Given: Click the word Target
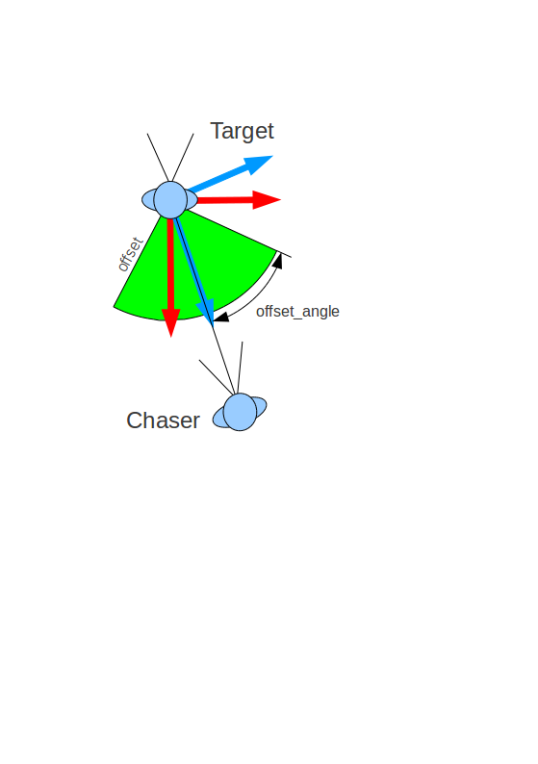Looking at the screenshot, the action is (242, 131).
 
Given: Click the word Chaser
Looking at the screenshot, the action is (163, 420).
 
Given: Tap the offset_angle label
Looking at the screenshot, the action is (297, 312).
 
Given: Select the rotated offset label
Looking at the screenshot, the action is (130, 254).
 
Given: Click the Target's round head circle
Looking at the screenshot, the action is (170, 200).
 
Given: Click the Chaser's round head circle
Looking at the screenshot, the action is (240, 412).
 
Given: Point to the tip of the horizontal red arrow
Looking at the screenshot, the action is (281, 199).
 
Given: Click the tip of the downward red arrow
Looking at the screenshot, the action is (171, 337).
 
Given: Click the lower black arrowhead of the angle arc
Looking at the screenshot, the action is (221, 317).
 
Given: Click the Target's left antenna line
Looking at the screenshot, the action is (158, 158).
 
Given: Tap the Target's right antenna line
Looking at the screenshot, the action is (183, 158).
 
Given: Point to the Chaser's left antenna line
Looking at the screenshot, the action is (216, 377).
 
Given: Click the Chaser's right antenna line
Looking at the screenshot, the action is (240, 368).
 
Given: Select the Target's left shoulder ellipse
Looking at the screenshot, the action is (147, 200).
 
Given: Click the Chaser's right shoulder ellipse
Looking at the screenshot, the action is (261, 407).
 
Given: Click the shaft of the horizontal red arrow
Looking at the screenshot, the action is (224, 200).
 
